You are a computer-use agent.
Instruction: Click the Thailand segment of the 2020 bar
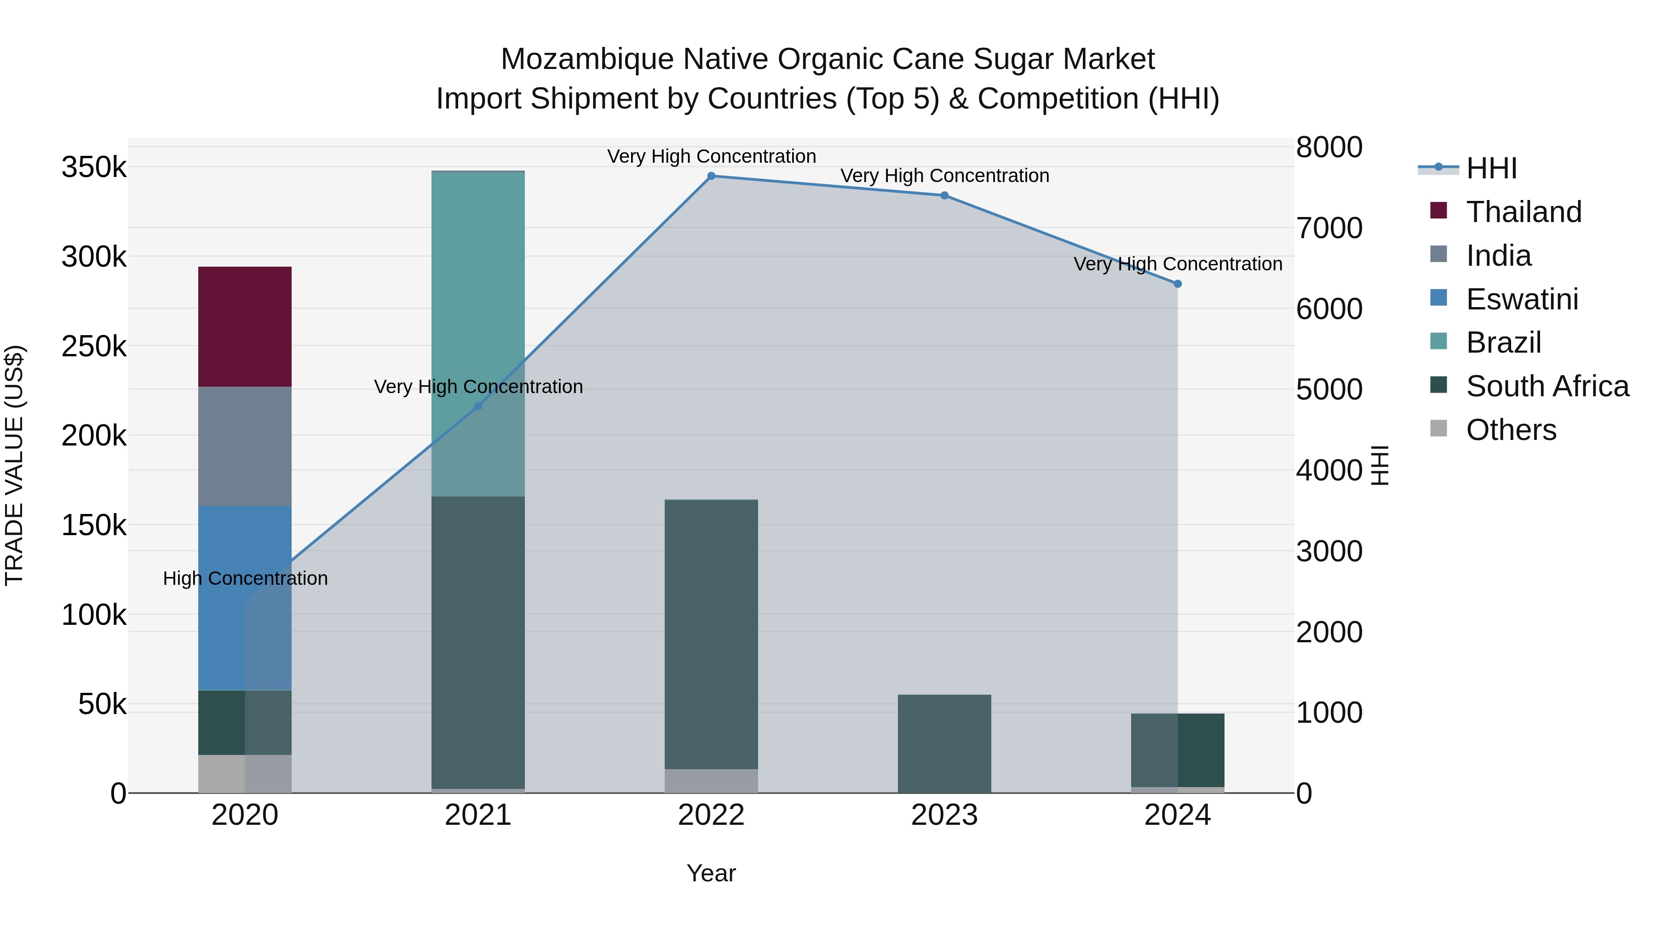click(x=244, y=326)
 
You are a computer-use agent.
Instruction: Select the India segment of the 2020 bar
click(x=244, y=446)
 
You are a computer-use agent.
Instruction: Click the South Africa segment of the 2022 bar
click(x=711, y=634)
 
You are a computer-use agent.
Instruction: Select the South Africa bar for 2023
click(x=944, y=743)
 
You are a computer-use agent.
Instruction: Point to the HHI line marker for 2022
click(x=711, y=176)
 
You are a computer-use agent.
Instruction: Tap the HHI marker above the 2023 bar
click(x=944, y=195)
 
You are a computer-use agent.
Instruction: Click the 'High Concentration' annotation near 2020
click(x=245, y=578)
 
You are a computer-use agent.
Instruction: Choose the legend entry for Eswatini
click(x=1521, y=299)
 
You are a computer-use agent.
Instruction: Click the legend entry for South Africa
click(x=1546, y=386)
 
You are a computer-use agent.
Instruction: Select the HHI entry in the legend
click(x=1491, y=168)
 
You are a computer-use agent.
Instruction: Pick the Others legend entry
click(x=1510, y=430)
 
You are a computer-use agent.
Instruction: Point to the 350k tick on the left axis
click(x=94, y=168)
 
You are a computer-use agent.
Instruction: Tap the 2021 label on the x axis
click(x=477, y=815)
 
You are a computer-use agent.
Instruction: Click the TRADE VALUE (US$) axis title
click(x=14, y=465)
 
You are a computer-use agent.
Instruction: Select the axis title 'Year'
click(x=711, y=873)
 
